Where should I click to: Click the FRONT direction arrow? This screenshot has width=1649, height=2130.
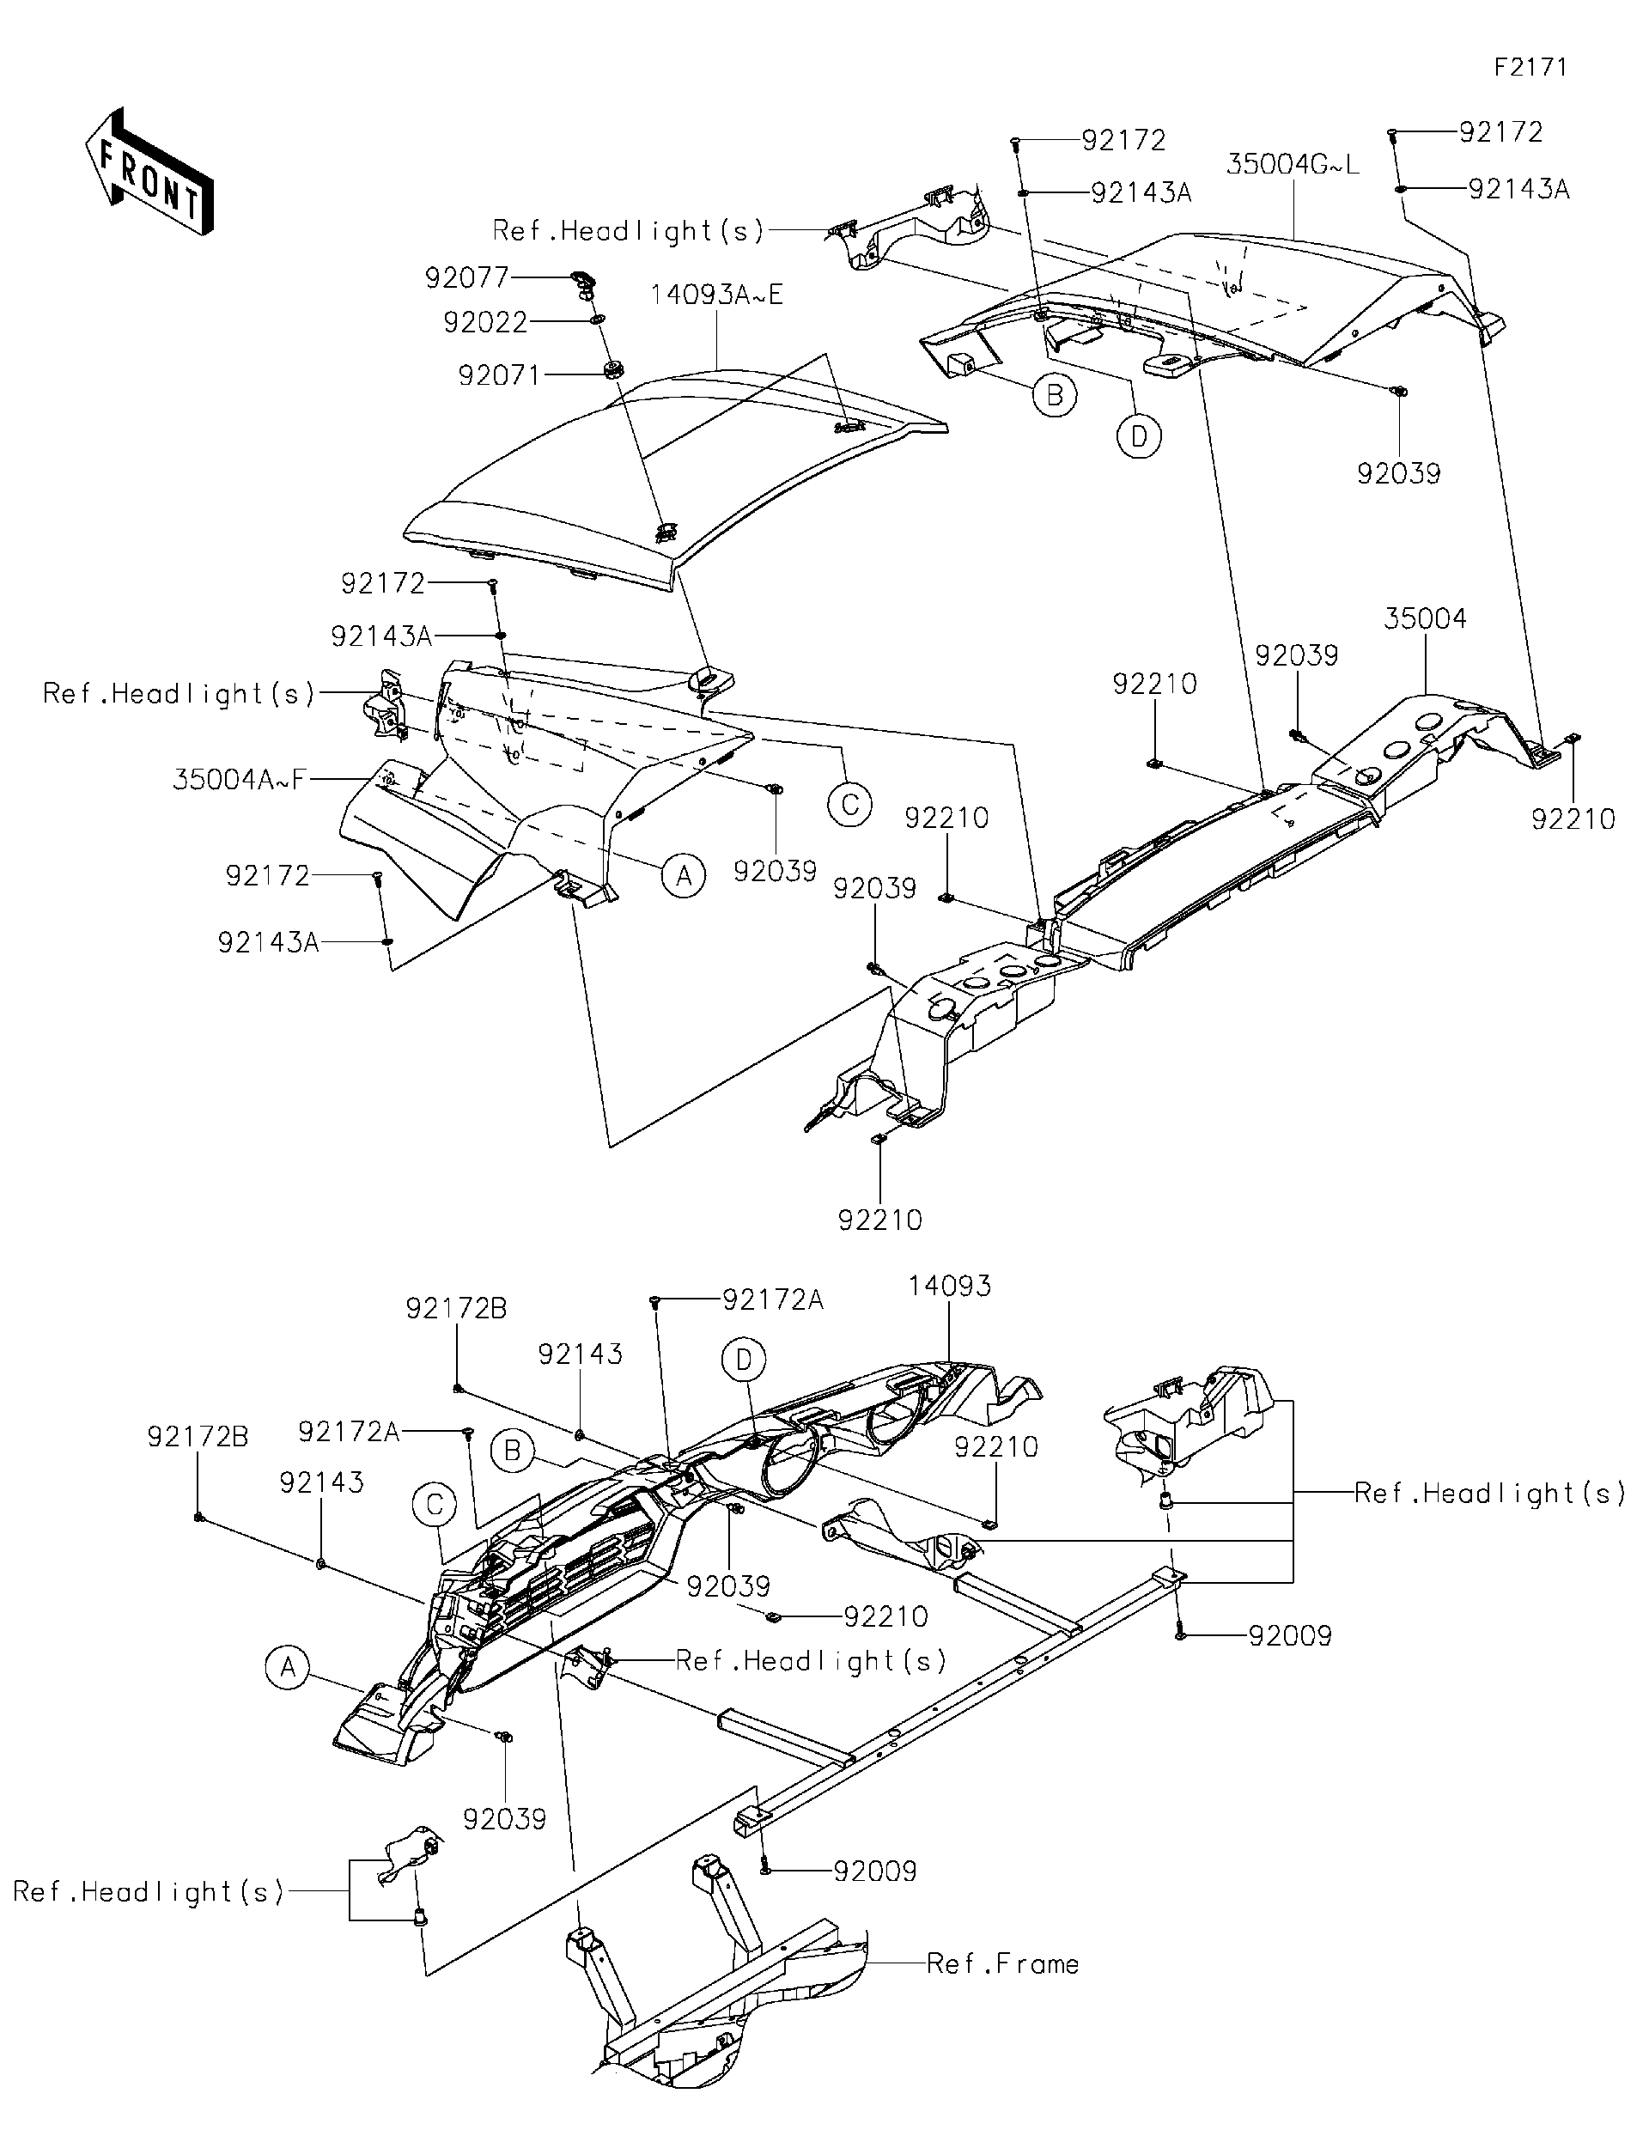pyautogui.click(x=149, y=172)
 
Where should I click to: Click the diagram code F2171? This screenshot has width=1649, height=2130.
pyautogui.click(x=1530, y=66)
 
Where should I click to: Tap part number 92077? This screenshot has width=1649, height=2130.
pyautogui.click(x=466, y=278)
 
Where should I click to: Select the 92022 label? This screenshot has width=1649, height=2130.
pyautogui.click(x=484, y=322)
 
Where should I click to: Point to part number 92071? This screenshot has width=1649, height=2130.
pyautogui.click(x=498, y=374)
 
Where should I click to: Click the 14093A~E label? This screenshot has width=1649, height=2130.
pyautogui.click(x=717, y=295)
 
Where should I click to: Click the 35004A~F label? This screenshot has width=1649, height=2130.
pyautogui.click(x=239, y=779)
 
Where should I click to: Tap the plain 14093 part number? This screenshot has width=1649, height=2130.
pyautogui.click(x=949, y=1287)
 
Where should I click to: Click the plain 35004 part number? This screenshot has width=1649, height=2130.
pyautogui.click(x=1425, y=618)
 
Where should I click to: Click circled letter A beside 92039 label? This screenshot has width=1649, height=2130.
pyautogui.click(x=684, y=876)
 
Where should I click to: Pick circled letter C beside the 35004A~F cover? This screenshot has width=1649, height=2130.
pyautogui.click(x=849, y=805)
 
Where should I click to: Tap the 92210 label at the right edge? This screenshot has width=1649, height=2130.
pyautogui.click(x=1572, y=819)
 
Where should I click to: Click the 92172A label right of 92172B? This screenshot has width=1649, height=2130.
pyautogui.click(x=348, y=1432)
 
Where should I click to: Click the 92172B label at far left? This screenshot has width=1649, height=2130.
pyautogui.click(x=198, y=1437)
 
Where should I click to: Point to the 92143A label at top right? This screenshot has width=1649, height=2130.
pyautogui.click(x=1518, y=189)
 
